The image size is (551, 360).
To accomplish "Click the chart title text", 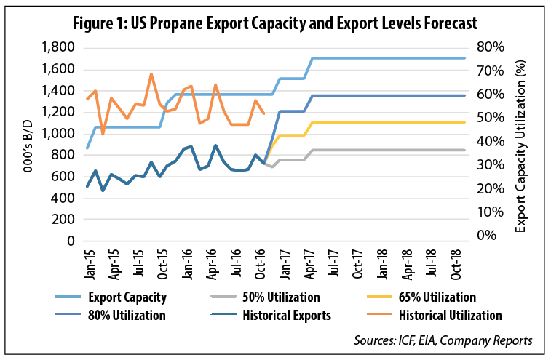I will (275, 22).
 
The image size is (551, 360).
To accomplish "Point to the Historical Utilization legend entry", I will (450, 316).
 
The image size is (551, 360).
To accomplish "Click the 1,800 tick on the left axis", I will (58, 48).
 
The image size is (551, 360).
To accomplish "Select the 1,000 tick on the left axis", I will (58, 134).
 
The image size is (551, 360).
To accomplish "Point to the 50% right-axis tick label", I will (492, 119).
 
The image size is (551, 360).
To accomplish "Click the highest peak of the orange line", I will (151, 74).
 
